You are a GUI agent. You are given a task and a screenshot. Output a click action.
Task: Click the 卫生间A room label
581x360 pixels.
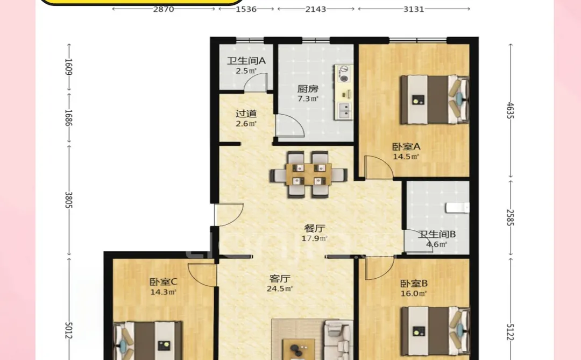(x=246, y=61)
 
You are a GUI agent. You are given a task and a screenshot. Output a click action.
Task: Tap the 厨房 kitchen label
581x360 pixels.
(x=308, y=89)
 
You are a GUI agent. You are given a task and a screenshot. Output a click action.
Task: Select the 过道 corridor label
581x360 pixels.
(x=246, y=114)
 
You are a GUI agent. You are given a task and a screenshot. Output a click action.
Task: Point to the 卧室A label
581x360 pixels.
(x=406, y=146)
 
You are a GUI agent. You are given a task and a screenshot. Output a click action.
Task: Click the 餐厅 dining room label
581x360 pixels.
(x=316, y=228)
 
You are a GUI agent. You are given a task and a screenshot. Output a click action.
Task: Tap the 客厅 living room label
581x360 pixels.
(x=280, y=279)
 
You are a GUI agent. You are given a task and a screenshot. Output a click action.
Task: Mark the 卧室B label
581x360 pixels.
(x=413, y=283)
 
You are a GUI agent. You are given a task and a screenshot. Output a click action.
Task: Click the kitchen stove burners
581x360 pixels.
(x=343, y=74)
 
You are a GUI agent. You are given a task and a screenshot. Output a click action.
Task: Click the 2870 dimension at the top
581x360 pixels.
(x=164, y=9)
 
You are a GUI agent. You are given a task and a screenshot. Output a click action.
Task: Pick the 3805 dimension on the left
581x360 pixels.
(x=68, y=200)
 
